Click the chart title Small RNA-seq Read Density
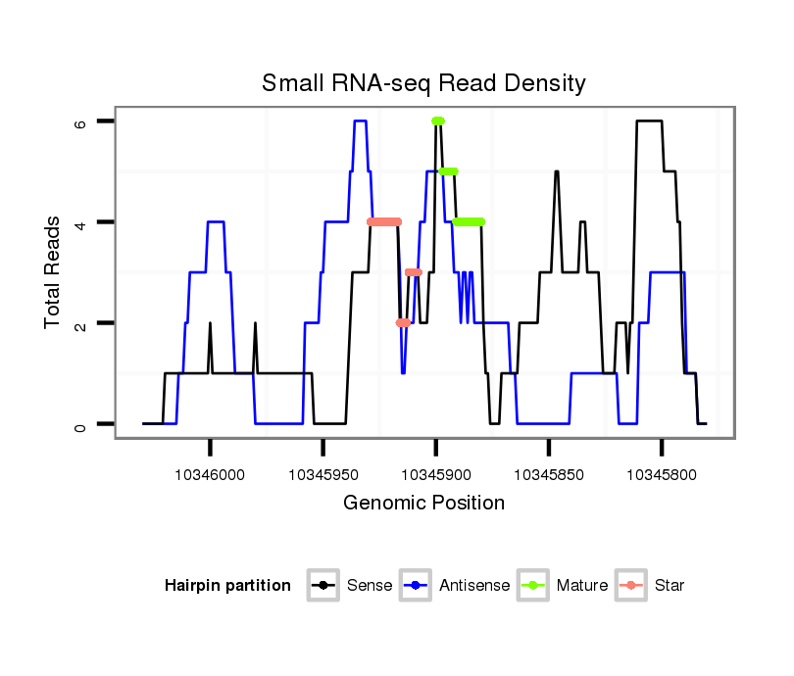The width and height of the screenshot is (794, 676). (x=423, y=83)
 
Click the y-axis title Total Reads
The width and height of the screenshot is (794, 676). (x=53, y=272)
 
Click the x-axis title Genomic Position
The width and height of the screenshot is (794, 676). (x=423, y=504)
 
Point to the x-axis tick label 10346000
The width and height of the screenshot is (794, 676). (x=210, y=474)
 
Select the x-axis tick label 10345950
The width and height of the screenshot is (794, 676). (x=323, y=474)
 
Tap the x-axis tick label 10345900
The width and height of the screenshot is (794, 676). (x=435, y=474)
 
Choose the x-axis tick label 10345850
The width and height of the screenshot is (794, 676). (x=548, y=474)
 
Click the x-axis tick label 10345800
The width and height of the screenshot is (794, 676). (x=661, y=474)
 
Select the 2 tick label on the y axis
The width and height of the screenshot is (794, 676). (x=82, y=323)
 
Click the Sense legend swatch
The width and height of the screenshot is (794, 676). (x=323, y=586)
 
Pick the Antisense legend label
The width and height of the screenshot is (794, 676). (x=474, y=586)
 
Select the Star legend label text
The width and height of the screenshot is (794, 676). (x=669, y=586)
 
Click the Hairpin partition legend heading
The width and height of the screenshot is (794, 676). (x=227, y=586)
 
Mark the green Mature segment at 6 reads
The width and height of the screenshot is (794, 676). (x=437, y=121)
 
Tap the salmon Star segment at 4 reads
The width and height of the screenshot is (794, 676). (x=384, y=221)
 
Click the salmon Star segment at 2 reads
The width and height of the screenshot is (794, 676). (x=403, y=322)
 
